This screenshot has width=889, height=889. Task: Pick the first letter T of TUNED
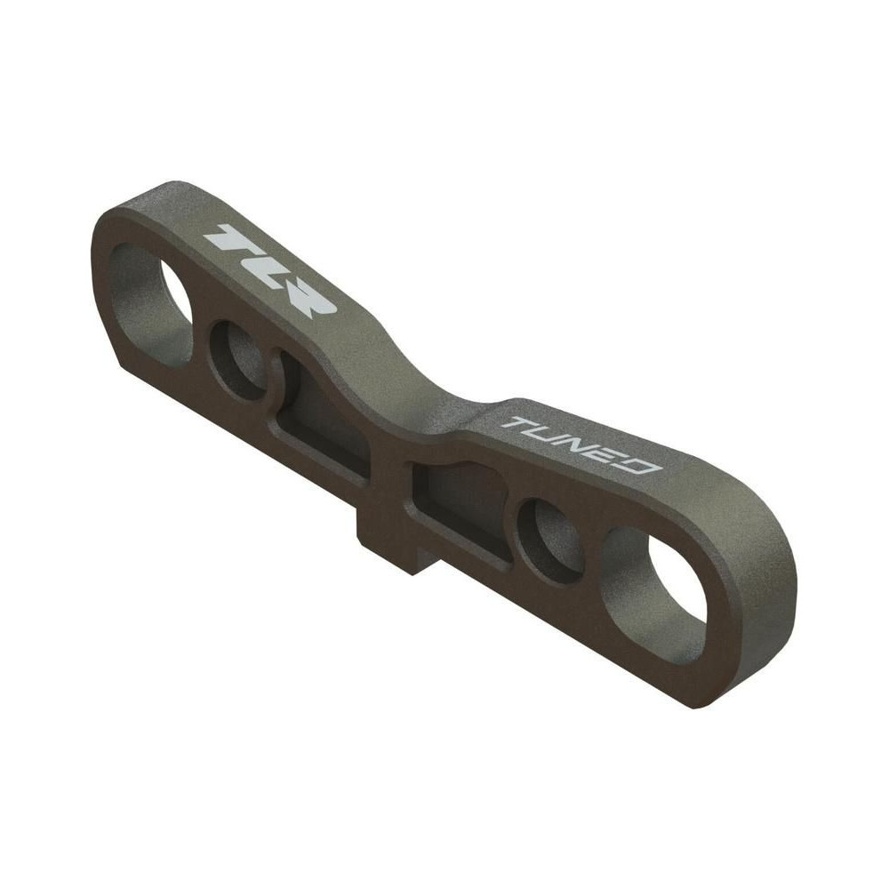point(517,423)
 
